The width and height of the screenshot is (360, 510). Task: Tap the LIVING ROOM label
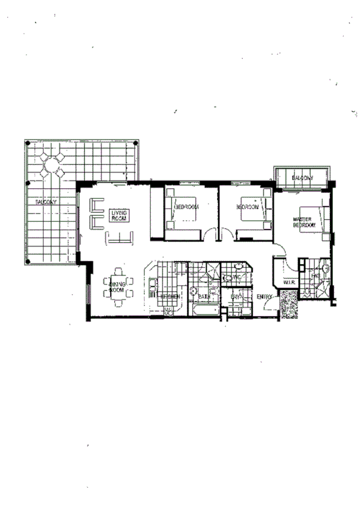pos(118,216)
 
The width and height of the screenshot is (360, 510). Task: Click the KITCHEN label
pos(170,297)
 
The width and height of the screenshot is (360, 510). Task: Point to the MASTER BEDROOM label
pos(304,222)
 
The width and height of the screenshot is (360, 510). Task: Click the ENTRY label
pos(264,297)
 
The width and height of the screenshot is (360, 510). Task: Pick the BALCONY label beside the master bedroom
pos(302,179)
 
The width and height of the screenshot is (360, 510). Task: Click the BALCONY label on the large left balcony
pos(45,203)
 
